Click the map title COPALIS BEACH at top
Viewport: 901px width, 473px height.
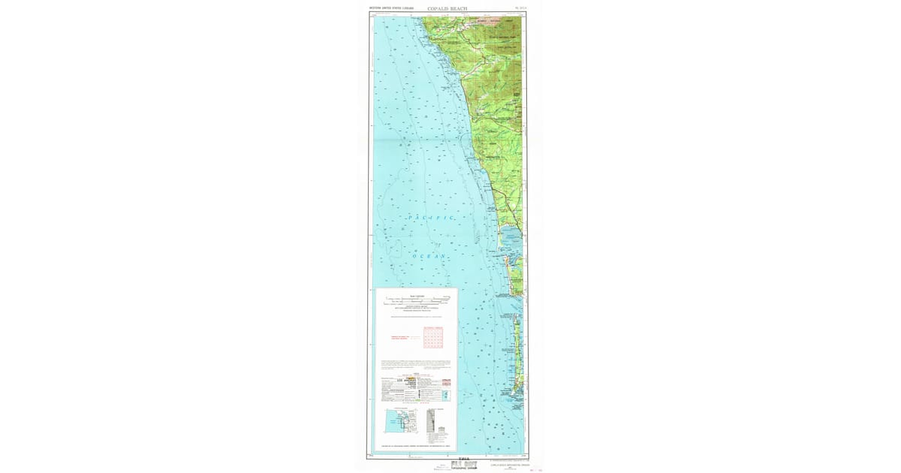[447, 9]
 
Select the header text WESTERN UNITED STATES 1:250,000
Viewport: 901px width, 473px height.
[391, 8]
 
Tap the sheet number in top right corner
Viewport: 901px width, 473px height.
[521, 8]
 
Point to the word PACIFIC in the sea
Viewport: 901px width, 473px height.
[431, 217]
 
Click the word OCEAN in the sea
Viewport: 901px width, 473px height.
[429, 256]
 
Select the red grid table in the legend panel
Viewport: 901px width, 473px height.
[433, 338]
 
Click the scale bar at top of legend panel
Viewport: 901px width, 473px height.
[417, 300]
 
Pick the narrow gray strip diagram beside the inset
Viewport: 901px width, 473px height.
[431, 425]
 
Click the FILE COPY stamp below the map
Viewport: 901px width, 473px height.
[463, 464]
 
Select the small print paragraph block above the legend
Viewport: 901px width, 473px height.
[417, 365]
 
